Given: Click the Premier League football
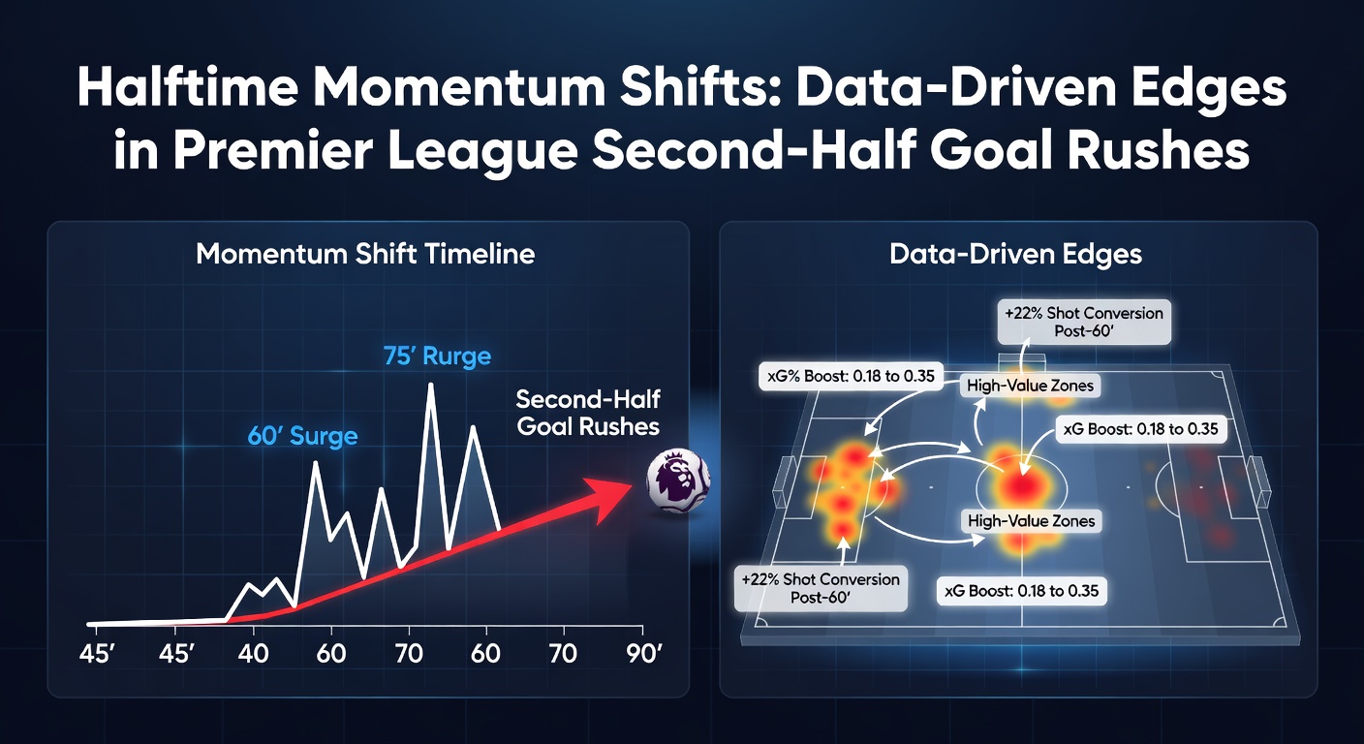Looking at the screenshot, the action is pyautogui.click(x=678, y=480).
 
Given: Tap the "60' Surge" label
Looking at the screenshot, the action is pyautogui.click(x=302, y=436).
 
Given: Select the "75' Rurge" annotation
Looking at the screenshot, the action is pyautogui.click(x=437, y=356).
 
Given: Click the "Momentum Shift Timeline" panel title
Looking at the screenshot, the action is pyautogui.click(x=365, y=253).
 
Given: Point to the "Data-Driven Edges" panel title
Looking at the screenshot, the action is pyautogui.click(x=1015, y=253).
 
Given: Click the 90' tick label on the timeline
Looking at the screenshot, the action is pyautogui.click(x=643, y=653).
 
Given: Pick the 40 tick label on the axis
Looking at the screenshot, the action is pyautogui.click(x=253, y=653).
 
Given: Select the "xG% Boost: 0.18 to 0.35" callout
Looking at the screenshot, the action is pyautogui.click(x=851, y=376).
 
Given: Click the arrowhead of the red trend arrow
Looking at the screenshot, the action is pyautogui.click(x=609, y=496).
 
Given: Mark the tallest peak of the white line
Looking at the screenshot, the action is pyautogui.click(x=431, y=385).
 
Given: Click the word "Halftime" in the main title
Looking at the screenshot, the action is pyautogui.click(x=188, y=88).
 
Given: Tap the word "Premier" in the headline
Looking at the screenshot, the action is pyautogui.click(x=272, y=150).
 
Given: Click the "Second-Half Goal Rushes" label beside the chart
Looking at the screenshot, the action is pyautogui.click(x=588, y=413).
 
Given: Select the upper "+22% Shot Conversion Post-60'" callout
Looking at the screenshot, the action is pyautogui.click(x=1084, y=322).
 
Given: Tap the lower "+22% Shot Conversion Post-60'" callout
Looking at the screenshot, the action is pyautogui.click(x=821, y=588).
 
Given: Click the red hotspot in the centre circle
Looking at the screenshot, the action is pyautogui.click(x=1022, y=485).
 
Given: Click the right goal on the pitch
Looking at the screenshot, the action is pyautogui.click(x=1258, y=480).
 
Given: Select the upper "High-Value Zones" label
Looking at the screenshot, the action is pyautogui.click(x=1031, y=386).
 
